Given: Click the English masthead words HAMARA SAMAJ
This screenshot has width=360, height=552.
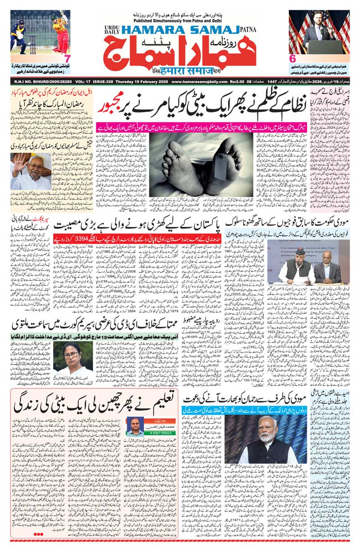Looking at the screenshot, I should [x=180, y=29].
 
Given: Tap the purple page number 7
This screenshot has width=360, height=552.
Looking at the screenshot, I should [x=67, y=59].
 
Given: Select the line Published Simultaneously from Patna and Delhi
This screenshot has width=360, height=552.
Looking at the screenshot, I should [x=180, y=20].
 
